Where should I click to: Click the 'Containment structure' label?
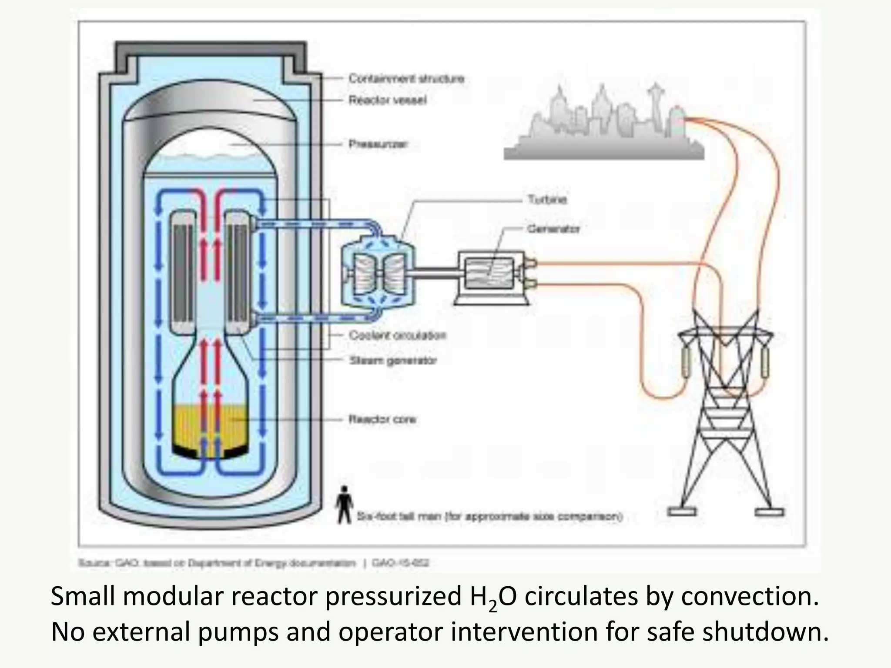(406, 79)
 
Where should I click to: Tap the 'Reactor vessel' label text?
(388, 100)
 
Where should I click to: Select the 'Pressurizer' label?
(378, 144)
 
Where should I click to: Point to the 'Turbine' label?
(547, 200)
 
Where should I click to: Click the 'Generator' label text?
(553, 229)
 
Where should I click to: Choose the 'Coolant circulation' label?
(398, 335)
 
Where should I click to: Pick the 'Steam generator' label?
(393, 361)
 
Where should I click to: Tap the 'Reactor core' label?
(382, 419)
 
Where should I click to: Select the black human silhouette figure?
(344, 504)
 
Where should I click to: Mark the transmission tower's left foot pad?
(681, 511)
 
